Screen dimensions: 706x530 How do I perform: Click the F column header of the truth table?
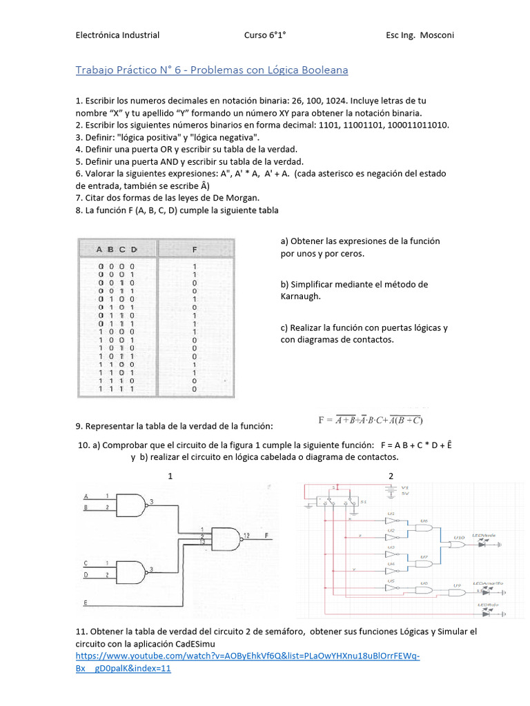(x=195, y=249)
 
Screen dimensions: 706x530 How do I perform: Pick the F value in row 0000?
(x=195, y=266)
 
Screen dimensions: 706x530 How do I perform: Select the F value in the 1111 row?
(x=195, y=390)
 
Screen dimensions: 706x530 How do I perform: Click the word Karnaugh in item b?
(x=301, y=296)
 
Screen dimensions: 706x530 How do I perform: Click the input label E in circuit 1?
(x=86, y=603)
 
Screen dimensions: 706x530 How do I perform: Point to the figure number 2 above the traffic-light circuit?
(x=391, y=476)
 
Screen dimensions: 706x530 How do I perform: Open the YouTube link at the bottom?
(x=247, y=656)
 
